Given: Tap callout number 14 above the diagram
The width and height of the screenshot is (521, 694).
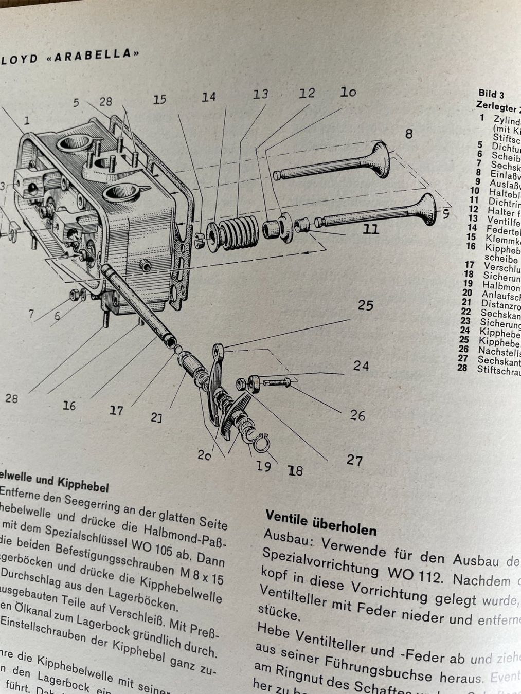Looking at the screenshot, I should coord(208,97).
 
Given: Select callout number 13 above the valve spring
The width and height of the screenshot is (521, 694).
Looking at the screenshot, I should coord(260,94).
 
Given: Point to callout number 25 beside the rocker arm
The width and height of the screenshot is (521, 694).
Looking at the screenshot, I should coord(365,305).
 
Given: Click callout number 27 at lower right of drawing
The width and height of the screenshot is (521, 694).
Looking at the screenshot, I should coord(354,460).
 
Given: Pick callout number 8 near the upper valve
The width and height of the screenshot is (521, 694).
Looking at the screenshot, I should coord(408,134).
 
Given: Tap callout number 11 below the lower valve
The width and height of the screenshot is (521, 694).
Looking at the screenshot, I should coord(370,229).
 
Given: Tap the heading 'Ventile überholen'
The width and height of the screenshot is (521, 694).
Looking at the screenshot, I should coord(321,522).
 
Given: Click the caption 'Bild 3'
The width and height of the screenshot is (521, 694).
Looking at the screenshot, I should coord(491,94).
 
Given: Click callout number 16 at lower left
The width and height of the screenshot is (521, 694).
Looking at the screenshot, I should coord(69,406).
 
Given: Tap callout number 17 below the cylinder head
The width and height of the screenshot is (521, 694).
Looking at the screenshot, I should coord(116,410).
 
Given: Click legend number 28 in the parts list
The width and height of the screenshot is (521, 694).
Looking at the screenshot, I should coord(462,368).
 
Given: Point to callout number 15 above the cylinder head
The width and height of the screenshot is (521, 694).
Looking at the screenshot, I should coord(159,99).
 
